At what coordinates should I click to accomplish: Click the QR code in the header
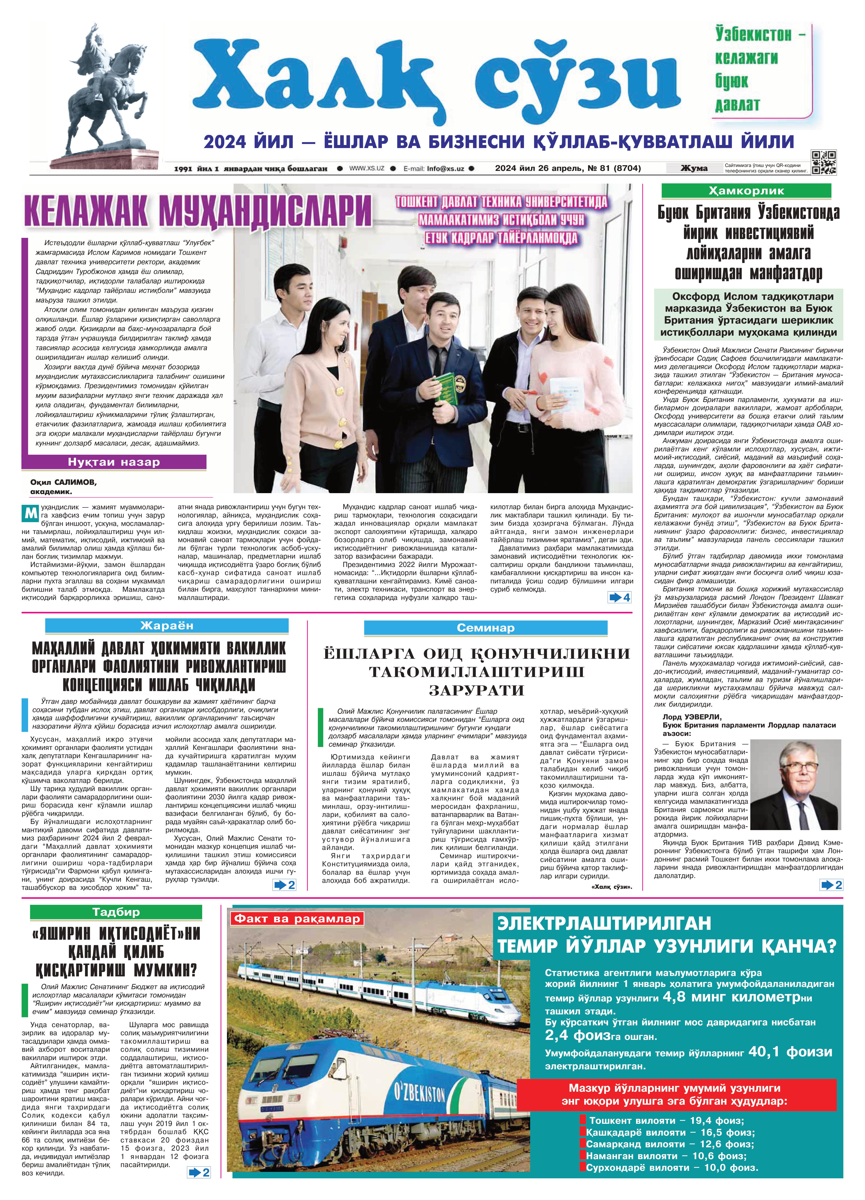pos(824,162)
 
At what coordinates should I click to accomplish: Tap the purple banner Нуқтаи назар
pos(114,462)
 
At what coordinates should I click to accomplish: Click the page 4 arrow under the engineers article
pos(619,597)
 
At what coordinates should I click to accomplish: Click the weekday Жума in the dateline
pos(694,168)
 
